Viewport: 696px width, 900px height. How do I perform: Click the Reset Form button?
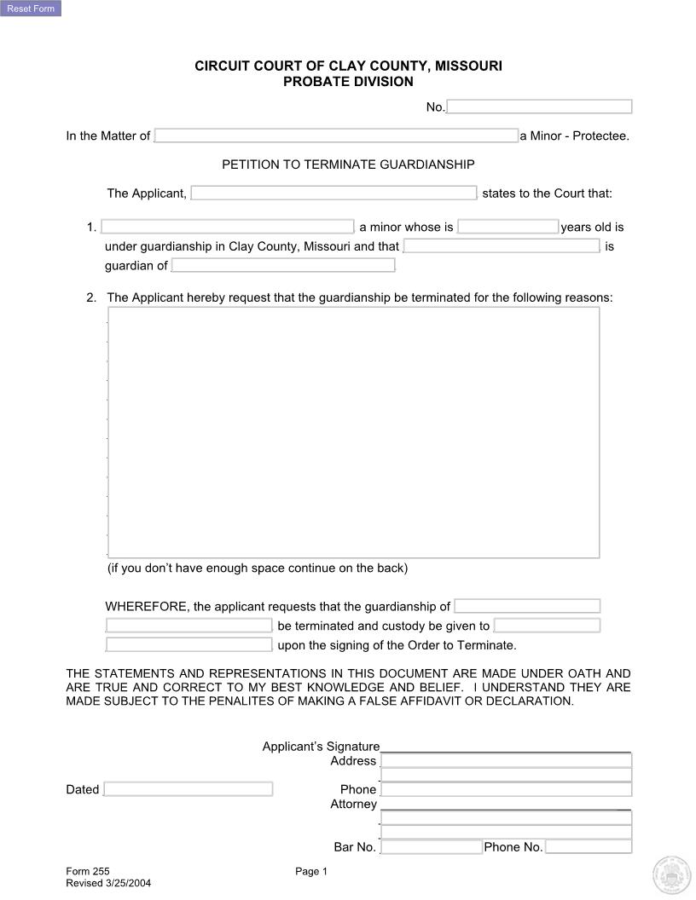31,9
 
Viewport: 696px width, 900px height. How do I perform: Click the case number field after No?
539,107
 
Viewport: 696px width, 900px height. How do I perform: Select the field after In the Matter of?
336,136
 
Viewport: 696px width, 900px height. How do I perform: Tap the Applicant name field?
333,193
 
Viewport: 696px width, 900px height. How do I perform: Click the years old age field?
507,227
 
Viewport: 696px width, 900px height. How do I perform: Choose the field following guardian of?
283,265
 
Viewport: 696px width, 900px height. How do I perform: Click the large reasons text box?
353,432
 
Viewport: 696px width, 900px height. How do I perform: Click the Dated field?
188,789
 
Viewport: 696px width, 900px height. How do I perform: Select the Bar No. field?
432,847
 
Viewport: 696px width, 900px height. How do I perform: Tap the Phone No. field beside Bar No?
589,847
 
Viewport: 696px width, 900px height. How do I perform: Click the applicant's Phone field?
507,789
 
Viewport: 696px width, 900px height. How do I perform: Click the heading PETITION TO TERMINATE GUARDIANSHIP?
348,164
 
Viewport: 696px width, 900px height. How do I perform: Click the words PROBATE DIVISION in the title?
348,82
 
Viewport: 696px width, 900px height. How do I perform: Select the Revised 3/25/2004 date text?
108,883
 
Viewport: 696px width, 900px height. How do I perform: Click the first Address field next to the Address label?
507,761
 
